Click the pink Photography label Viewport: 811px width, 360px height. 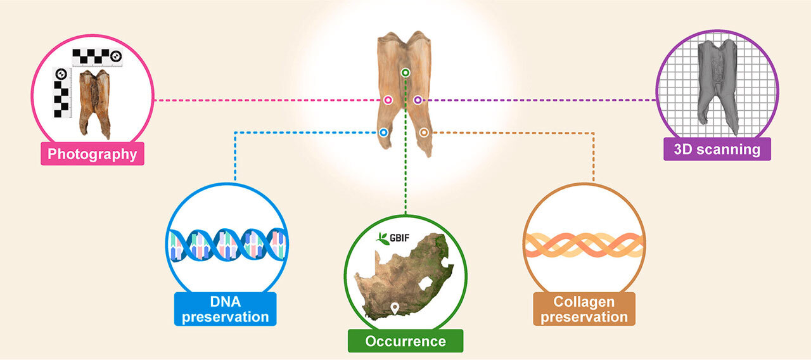(x=93, y=153)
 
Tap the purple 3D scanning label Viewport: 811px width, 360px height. (x=717, y=149)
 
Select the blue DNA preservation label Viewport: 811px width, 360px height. (x=225, y=309)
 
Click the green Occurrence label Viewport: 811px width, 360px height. (x=405, y=341)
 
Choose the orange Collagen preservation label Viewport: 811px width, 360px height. (x=584, y=309)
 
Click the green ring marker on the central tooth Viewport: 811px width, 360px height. (x=405, y=73)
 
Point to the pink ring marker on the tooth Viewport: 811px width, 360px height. (x=388, y=100)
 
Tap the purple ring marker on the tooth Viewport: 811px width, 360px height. (x=418, y=100)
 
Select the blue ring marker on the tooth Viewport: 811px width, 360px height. (x=383, y=132)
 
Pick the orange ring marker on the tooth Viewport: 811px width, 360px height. (x=424, y=132)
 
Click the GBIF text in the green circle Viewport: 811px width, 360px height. (x=399, y=238)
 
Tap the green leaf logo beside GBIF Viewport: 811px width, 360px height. (x=382, y=238)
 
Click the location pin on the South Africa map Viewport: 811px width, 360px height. (x=395, y=308)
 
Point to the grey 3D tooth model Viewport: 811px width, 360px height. (x=718, y=85)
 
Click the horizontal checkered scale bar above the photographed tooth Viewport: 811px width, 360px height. (x=97, y=57)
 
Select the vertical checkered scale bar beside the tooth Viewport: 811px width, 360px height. (x=61, y=93)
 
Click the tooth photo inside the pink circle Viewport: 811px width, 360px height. (x=95, y=104)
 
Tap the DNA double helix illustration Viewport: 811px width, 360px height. (x=227, y=244)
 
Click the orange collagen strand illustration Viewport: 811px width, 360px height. (x=584, y=245)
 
